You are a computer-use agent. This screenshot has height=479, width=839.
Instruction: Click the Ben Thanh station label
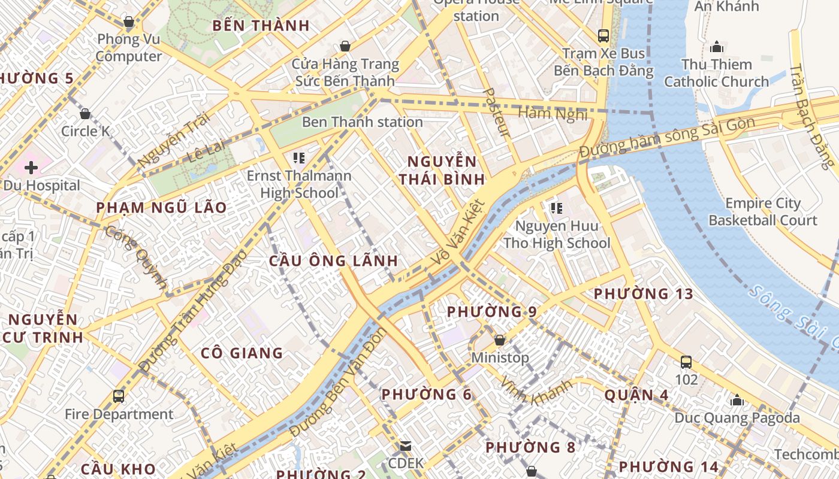pyautogui.click(x=362, y=122)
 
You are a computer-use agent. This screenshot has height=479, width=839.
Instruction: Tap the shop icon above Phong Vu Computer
pyautogui.click(x=129, y=22)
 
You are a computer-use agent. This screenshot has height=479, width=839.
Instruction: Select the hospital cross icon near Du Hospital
pyautogui.click(x=31, y=168)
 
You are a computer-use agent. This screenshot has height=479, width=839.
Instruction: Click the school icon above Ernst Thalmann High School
pyautogui.click(x=299, y=158)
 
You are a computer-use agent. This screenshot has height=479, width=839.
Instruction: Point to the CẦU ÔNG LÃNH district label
pyautogui.click(x=333, y=261)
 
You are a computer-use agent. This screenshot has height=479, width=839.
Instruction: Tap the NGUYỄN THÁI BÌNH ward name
pyautogui.click(x=442, y=170)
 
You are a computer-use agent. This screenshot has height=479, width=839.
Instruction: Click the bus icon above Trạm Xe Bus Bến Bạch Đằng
pyautogui.click(x=603, y=35)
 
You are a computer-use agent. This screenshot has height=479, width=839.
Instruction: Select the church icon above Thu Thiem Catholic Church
pyautogui.click(x=716, y=47)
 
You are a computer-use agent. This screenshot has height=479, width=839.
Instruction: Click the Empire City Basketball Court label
pyautogui.click(x=762, y=212)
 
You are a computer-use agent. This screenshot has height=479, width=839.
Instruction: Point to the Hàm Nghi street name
pyautogui.click(x=552, y=113)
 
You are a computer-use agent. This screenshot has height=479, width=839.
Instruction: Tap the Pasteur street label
pyautogui.click(x=497, y=113)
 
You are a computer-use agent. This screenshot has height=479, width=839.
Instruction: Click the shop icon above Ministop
pyautogui.click(x=500, y=340)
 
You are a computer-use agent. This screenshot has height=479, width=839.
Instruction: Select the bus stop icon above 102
pyautogui.click(x=686, y=362)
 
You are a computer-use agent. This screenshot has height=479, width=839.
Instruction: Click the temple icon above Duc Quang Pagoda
pyautogui.click(x=737, y=400)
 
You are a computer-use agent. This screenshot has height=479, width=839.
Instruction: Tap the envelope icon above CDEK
pyautogui.click(x=406, y=446)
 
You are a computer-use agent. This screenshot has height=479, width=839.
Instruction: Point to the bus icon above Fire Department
pyautogui.click(x=119, y=396)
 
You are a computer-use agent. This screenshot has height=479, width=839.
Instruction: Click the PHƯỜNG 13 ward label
pyautogui.click(x=643, y=294)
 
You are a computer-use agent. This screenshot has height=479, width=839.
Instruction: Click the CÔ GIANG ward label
pyautogui.click(x=242, y=353)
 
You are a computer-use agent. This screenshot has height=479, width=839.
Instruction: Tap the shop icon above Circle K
pyautogui.click(x=85, y=113)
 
